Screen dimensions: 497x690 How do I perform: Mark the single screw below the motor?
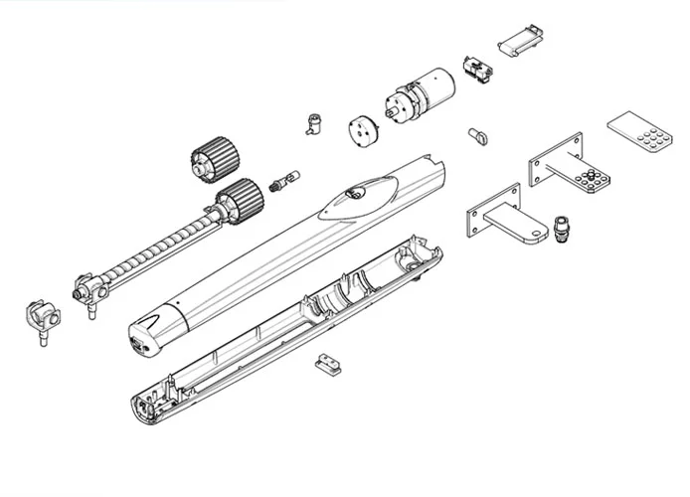[474, 134]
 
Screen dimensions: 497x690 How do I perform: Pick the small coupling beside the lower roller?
[289, 179]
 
